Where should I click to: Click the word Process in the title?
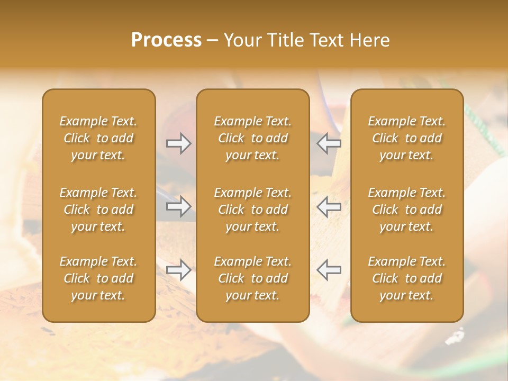point(166,40)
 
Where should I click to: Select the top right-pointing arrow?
point(179,143)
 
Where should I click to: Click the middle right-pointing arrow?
point(179,206)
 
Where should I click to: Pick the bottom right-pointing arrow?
point(179,270)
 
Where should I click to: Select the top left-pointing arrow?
point(329,143)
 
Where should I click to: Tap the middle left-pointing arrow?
point(329,206)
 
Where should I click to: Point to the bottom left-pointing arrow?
point(329,270)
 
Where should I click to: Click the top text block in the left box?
point(98,138)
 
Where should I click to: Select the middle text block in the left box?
point(98,210)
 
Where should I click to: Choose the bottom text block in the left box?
point(98,278)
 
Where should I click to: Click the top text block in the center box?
point(253,138)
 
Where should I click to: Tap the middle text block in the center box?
point(253,210)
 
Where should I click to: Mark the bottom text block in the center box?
point(253,278)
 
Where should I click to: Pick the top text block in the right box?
point(407,138)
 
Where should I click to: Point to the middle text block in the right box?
point(407,210)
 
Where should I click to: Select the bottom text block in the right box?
point(407,278)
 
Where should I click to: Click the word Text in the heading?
point(324,40)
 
